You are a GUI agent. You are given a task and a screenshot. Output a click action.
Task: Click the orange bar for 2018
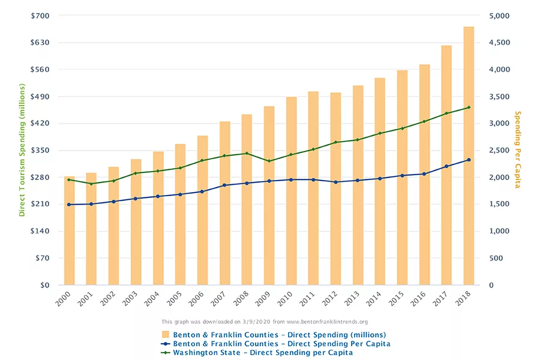[469, 156]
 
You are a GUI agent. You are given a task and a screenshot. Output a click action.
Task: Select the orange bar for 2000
[69, 231]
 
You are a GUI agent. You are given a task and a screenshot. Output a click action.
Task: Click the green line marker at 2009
[269, 161]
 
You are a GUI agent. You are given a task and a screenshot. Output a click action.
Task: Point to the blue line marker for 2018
[469, 160]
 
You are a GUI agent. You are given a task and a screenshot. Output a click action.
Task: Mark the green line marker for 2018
[469, 107]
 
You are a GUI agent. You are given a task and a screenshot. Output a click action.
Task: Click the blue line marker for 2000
[69, 205]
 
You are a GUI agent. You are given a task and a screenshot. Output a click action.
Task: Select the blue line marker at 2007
[224, 185]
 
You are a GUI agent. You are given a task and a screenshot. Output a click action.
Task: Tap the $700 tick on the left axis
[41, 16]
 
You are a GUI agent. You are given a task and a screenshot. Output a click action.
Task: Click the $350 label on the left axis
[41, 151]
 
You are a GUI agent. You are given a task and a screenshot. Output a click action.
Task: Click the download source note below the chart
[265, 322]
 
